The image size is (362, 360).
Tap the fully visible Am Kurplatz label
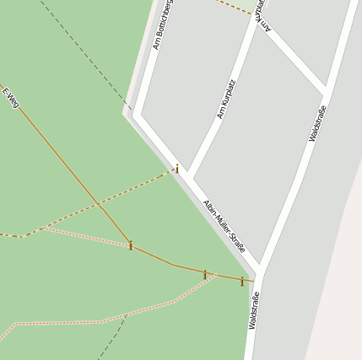click(225, 99)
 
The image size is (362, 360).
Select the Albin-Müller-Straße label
click(224, 226)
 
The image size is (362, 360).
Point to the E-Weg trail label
click(10, 99)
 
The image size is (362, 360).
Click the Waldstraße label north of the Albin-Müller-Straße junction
click(318, 123)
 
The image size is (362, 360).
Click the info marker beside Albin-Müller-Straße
click(177, 169)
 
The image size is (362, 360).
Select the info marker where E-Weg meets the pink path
click(131, 245)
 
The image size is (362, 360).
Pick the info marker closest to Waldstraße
click(241, 281)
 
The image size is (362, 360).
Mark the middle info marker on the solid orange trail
click(204, 274)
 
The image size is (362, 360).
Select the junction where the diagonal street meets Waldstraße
click(325, 90)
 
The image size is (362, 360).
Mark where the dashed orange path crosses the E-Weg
click(99, 203)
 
